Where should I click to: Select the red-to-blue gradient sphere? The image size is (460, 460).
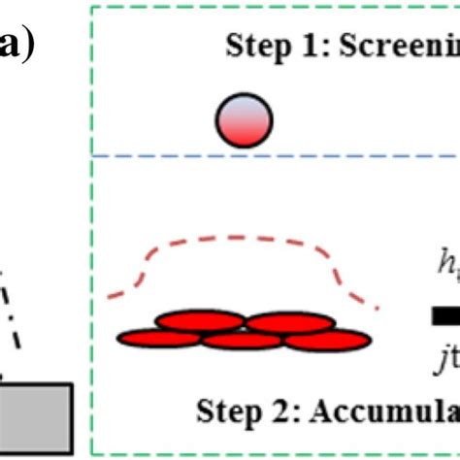(x=244, y=120)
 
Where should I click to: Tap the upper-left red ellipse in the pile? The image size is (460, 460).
(x=199, y=321)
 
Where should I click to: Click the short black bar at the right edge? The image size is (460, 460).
(x=444, y=315)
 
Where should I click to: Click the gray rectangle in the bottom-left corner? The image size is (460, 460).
(x=35, y=418)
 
